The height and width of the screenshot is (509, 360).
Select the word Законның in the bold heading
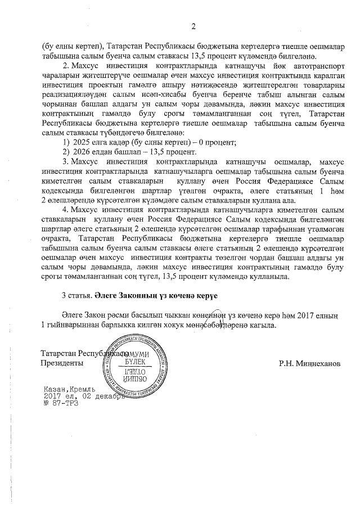tap(145, 296)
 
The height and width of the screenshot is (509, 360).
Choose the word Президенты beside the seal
tap(62, 363)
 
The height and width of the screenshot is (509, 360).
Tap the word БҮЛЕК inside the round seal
tap(135, 363)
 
